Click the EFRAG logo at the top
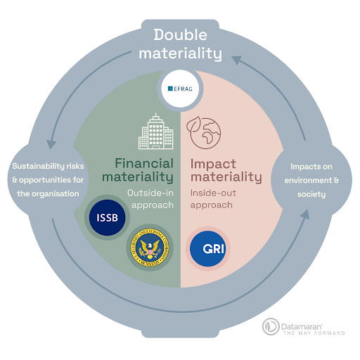click(179, 89)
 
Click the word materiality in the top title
click(180, 53)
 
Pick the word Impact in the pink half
click(214, 161)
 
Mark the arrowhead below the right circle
click(307, 214)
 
